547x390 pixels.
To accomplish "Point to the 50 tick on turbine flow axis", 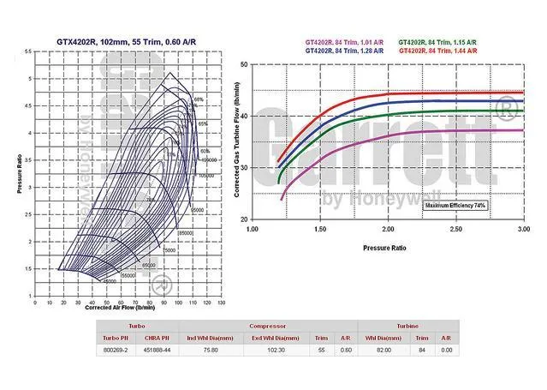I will coord(244,64).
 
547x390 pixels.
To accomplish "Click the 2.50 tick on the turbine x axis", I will coord(455,230).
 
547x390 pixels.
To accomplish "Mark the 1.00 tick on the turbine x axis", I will coord(253,230).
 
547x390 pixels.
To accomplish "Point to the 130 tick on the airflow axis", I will coord(221,303).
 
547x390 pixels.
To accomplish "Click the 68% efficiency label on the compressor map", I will coord(199,99).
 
